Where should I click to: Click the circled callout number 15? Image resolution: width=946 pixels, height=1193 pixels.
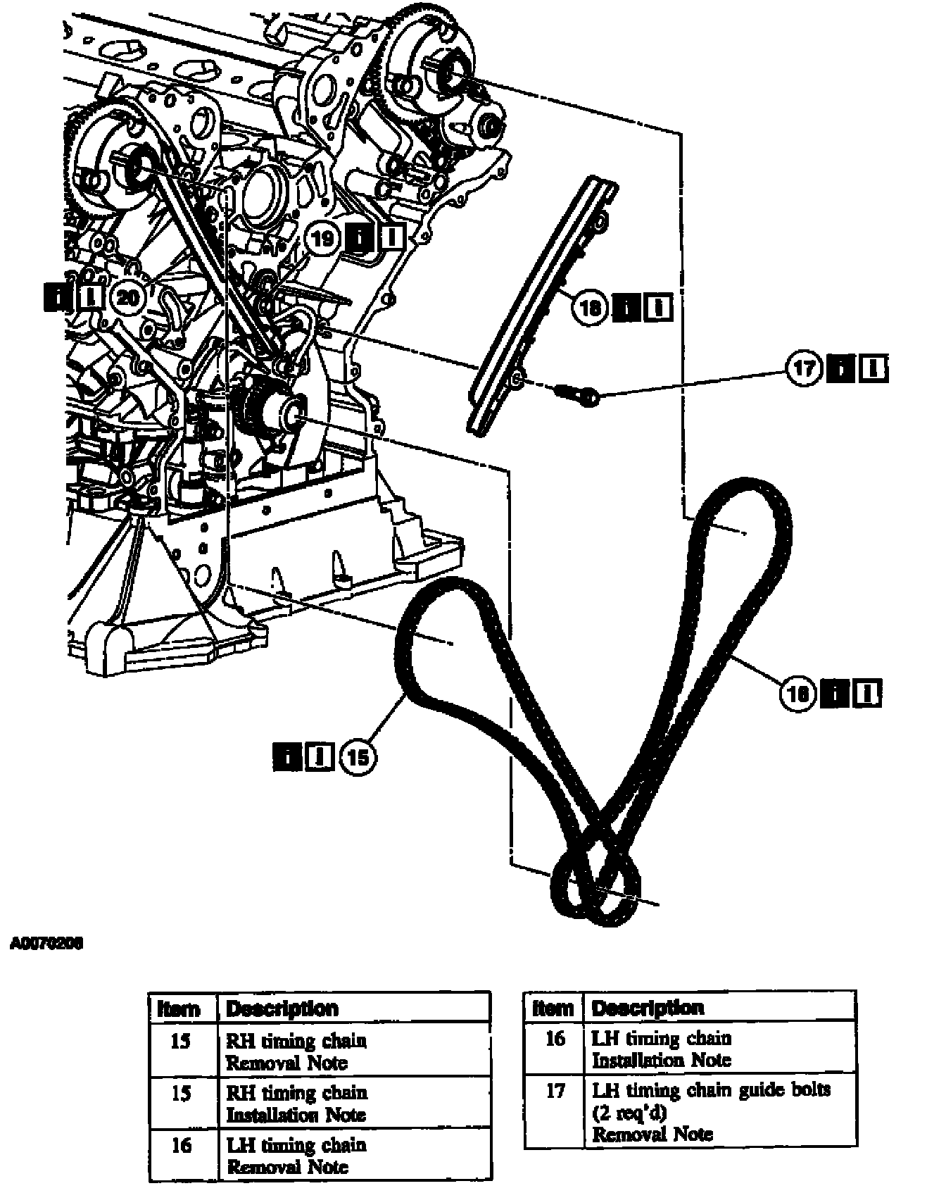click(358, 757)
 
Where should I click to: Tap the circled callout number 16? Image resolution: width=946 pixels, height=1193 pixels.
click(797, 694)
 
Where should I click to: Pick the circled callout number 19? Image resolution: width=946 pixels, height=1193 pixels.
click(322, 238)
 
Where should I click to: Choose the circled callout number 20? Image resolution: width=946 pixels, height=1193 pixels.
click(128, 297)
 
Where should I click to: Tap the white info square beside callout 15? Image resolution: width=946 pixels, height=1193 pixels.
click(321, 757)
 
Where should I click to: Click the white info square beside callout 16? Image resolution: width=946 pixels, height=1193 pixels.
click(866, 694)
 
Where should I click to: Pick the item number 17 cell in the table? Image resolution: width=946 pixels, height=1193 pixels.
click(555, 1090)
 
